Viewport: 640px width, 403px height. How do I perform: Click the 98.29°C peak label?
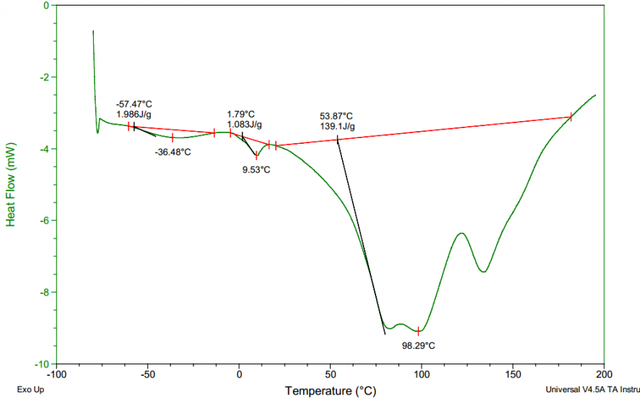coord(418,345)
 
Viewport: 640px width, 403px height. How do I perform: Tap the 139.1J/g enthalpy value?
coord(337,127)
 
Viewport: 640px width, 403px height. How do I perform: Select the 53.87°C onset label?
coord(336,116)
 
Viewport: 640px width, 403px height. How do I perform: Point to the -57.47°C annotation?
coord(134,104)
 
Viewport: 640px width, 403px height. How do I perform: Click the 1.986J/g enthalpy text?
coord(134,114)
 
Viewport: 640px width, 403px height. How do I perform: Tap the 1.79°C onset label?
coord(241,114)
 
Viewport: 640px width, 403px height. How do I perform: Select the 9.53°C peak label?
coord(257,169)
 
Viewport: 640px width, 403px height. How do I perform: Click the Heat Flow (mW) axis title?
coord(11,185)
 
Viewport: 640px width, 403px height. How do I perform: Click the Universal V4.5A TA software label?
coord(592,390)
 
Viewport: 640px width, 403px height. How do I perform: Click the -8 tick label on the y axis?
coord(42,293)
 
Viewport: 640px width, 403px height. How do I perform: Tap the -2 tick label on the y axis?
coord(42,78)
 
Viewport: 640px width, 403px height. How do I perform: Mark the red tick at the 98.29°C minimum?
coord(418,331)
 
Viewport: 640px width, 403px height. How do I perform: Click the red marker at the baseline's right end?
coord(570,117)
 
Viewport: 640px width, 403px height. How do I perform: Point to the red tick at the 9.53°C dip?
coord(257,156)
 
